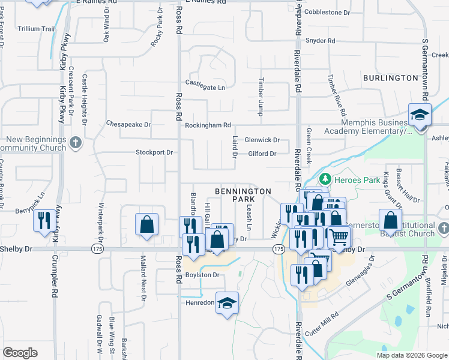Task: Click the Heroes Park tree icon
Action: tap(325, 178)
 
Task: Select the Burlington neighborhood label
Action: tap(390, 78)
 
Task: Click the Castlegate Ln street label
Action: tap(205, 88)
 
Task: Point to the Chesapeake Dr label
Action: tap(128, 124)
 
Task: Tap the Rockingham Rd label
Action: tap(208, 125)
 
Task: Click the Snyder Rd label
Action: tap(320, 41)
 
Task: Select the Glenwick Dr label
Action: tap(262, 140)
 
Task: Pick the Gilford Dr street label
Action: tap(262, 154)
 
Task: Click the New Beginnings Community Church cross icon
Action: tap(75, 143)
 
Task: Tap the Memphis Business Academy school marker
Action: tap(420, 115)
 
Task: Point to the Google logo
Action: tap(20, 353)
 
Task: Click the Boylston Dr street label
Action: tap(203, 275)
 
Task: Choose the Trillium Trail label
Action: tap(37, 28)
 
